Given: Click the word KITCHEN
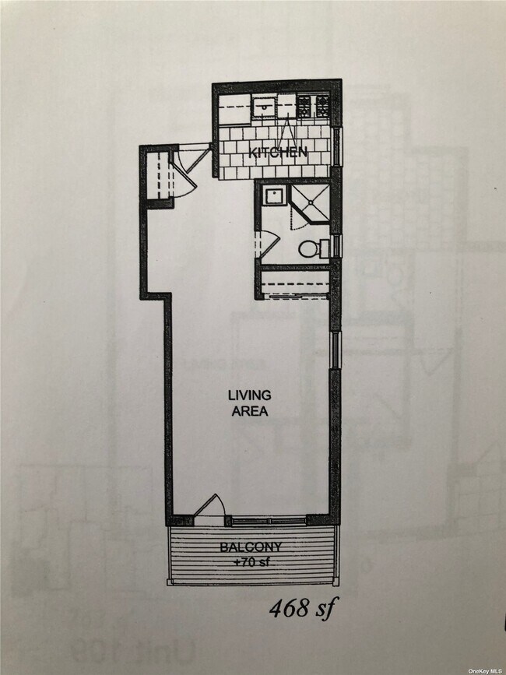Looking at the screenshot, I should (277, 153).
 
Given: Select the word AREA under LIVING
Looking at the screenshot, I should (249, 412).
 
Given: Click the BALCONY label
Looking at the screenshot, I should (250, 546).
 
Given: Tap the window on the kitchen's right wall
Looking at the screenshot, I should (337, 145).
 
